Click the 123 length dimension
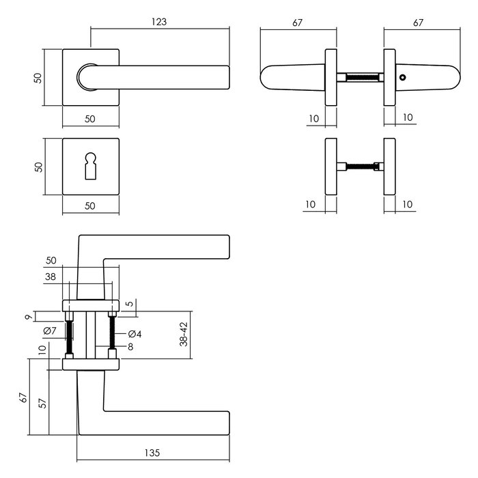[x=158, y=22]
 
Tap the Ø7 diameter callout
[x=49, y=331]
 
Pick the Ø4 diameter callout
[x=135, y=334]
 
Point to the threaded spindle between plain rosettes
[x=361, y=165]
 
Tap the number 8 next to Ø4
[x=130, y=347]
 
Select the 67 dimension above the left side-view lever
[x=298, y=23]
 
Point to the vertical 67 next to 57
[x=23, y=397]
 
